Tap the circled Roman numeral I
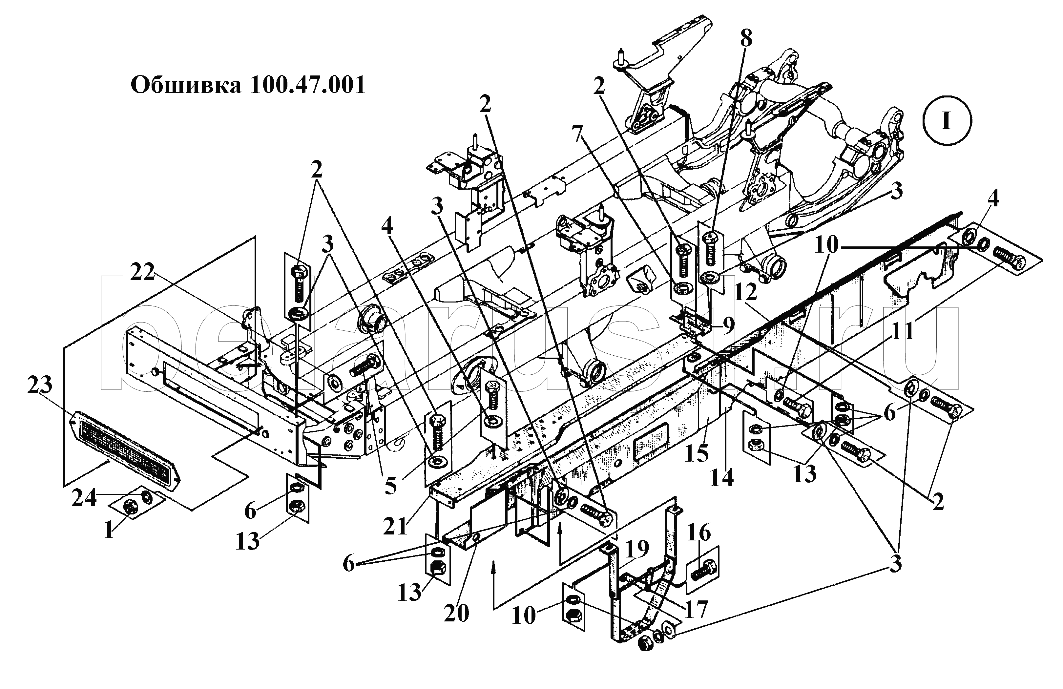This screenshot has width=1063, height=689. pyautogui.click(x=946, y=121)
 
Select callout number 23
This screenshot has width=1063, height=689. pyautogui.click(x=39, y=385)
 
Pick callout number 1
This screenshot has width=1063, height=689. pyautogui.click(x=109, y=531)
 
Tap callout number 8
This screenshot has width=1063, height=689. pyautogui.click(x=745, y=39)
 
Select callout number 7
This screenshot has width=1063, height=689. pyautogui.click(x=578, y=133)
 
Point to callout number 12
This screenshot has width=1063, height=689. pyautogui.click(x=746, y=293)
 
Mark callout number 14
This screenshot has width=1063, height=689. pyautogui.click(x=722, y=478)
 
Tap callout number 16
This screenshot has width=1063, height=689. pyautogui.click(x=698, y=533)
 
